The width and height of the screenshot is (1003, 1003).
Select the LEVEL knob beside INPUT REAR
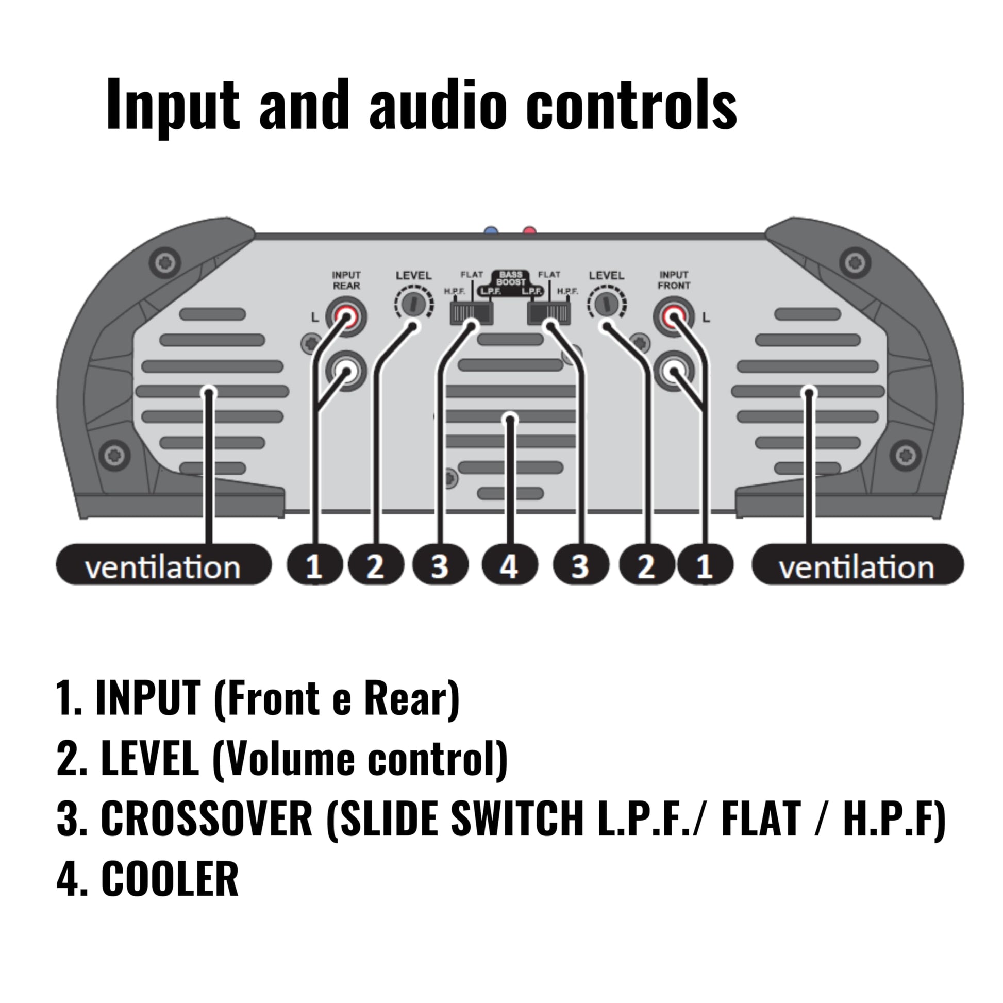413,304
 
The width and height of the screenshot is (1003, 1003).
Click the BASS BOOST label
511,278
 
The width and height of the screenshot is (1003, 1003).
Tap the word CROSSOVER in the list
206,818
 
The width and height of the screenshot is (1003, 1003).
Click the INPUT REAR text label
346,280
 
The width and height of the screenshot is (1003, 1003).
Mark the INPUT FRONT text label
674,280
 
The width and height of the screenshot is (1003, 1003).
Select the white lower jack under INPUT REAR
346,371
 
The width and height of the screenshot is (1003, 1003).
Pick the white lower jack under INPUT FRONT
674,371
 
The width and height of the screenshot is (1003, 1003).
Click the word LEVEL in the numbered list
149,759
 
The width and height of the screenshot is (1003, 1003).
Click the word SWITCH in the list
517,818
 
